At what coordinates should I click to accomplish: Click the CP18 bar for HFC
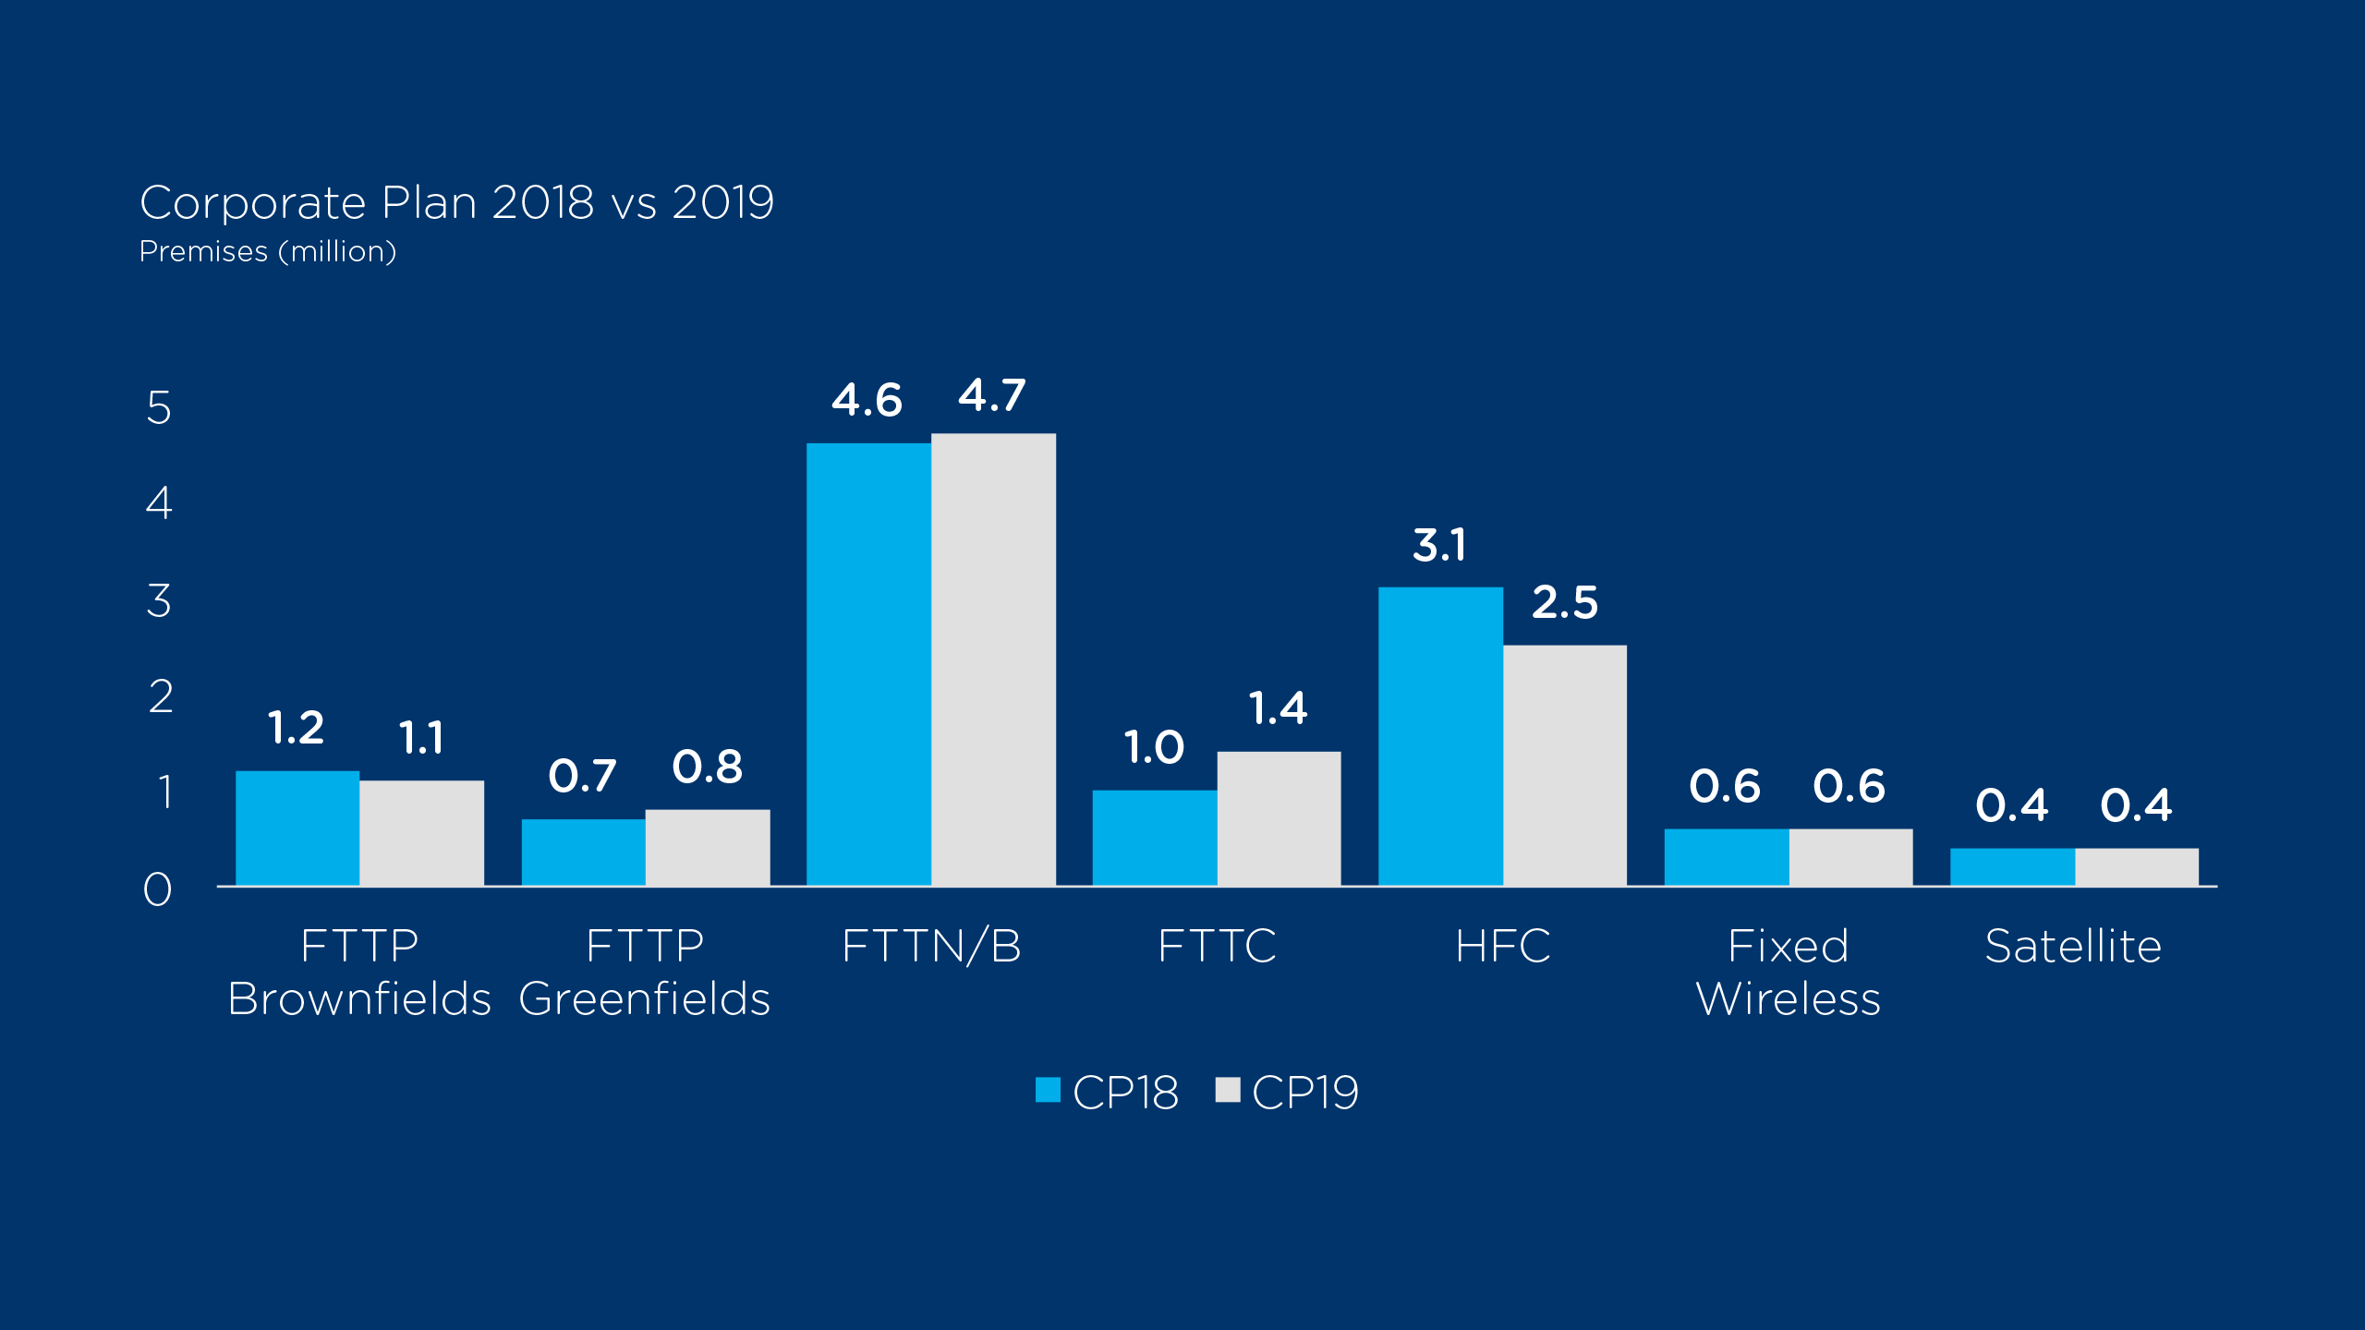(x=1440, y=736)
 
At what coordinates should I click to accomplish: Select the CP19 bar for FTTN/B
(x=993, y=659)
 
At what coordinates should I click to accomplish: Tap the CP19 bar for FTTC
(x=1279, y=818)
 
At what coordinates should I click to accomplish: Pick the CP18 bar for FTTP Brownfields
(x=297, y=828)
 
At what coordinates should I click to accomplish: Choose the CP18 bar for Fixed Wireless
(x=1726, y=857)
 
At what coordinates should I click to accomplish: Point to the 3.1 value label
(x=1439, y=546)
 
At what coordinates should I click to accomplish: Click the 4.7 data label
(x=992, y=396)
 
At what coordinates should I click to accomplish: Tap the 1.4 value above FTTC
(x=1279, y=709)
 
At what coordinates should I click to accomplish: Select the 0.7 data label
(x=582, y=776)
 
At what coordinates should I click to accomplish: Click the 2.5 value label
(x=1565, y=603)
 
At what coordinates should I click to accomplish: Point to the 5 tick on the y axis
(x=159, y=407)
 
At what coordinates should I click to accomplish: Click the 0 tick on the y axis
(x=158, y=889)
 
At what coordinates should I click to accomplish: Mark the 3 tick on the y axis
(x=159, y=600)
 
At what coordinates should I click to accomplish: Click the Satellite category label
(x=2074, y=947)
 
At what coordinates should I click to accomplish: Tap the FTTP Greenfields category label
(x=645, y=973)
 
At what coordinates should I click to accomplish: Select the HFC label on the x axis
(x=1503, y=947)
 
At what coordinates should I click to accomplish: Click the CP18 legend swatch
(x=1048, y=1091)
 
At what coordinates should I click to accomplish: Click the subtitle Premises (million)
(x=268, y=252)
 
